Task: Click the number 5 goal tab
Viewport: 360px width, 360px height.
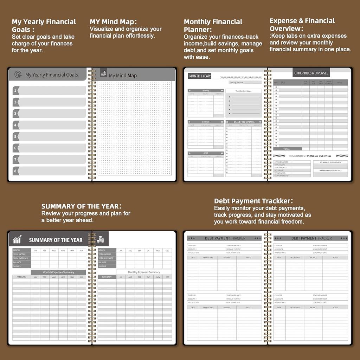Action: [x=49, y=136]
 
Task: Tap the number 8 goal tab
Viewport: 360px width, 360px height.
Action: [x=49, y=171]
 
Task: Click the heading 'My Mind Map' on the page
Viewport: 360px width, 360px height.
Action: [x=123, y=76]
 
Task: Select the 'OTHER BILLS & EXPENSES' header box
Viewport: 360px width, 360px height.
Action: [x=311, y=73]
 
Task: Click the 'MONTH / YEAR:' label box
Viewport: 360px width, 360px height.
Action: [x=200, y=76]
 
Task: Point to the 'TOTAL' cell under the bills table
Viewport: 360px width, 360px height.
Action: [x=287, y=149]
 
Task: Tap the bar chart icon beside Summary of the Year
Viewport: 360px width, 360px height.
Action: [x=17, y=240]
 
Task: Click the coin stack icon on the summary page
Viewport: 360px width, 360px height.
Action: [x=101, y=239]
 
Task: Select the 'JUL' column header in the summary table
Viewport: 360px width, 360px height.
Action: [x=121, y=250]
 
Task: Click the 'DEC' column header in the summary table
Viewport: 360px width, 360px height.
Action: [x=167, y=250]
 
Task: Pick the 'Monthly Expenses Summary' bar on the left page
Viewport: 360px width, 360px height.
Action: [x=58, y=272]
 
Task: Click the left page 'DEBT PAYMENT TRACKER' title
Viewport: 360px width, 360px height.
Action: [x=225, y=238]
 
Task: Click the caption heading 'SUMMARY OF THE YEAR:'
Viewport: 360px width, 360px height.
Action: [x=82, y=206]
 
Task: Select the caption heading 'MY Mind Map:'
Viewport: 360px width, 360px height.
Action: [x=113, y=22]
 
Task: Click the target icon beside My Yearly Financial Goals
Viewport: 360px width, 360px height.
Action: [x=18, y=75]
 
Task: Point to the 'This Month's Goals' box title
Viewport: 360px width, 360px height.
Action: [x=243, y=91]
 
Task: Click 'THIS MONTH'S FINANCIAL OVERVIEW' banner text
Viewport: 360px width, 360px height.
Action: [x=310, y=156]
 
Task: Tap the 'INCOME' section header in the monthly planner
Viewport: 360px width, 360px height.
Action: [x=206, y=91]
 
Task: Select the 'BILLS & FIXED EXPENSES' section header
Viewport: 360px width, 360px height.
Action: [x=244, y=122]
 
